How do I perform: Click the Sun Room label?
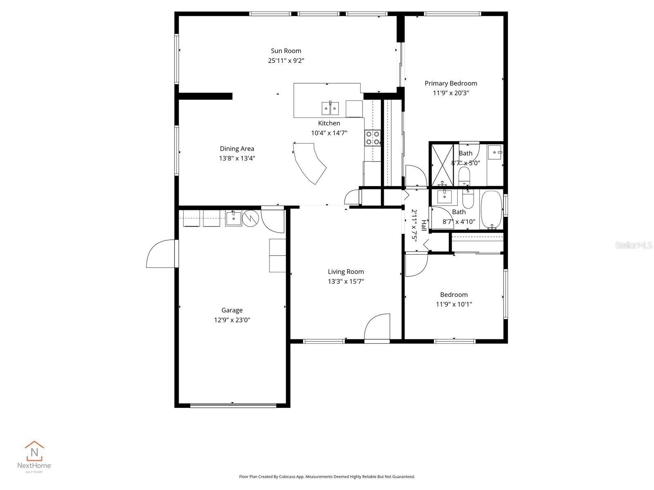click(286, 51)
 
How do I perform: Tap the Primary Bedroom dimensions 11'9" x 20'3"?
click(451, 93)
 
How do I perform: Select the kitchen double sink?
click(330, 108)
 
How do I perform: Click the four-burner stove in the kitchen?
click(372, 138)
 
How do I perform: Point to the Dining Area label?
click(237, 149)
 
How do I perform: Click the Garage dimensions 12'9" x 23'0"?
click(232, 320)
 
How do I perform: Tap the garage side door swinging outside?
click(162, 255)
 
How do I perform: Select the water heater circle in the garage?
click(251, 218)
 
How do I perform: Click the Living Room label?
click(346, 272)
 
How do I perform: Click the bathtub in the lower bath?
click(491, 209)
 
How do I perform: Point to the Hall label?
click(424, 225)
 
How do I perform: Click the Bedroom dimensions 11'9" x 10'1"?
click(454, 304)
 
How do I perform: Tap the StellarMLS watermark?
click(633, 245)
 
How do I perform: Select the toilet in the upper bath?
click(465, 177)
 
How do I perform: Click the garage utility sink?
click(233, 218)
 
